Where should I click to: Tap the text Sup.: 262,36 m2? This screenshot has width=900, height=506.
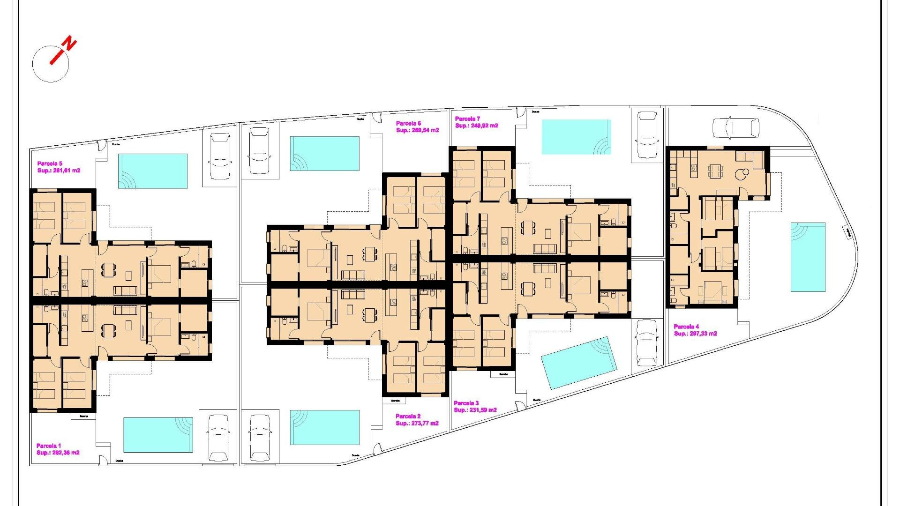(x=58, y=453)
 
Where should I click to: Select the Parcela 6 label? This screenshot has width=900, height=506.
(x=408, y=124)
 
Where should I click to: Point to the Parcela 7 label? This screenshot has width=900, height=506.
(x=467, y=119)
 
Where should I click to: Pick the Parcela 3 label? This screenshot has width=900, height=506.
(x=466, y=403)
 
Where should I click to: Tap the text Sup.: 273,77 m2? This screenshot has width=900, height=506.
(x=417, y=424)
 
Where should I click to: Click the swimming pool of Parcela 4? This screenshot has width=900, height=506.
(x=808, y=257)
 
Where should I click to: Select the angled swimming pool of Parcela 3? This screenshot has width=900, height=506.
(x=578, y=362)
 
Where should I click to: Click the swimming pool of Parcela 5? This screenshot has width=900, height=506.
(x=153, y=171)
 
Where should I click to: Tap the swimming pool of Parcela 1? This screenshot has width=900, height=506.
(x=158, y=435)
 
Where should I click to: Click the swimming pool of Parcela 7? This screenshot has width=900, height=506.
(x=576, y=137)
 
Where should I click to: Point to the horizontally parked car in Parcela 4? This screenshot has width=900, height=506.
(x=735, y=128)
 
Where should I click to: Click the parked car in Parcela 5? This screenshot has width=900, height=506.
(x=220, y=156)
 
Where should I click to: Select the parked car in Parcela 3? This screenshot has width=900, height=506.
(x=647, y=342)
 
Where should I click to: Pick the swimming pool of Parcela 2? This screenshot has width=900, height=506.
(x=324, y=427)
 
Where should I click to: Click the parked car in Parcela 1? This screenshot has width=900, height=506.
(x=218, y=437)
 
